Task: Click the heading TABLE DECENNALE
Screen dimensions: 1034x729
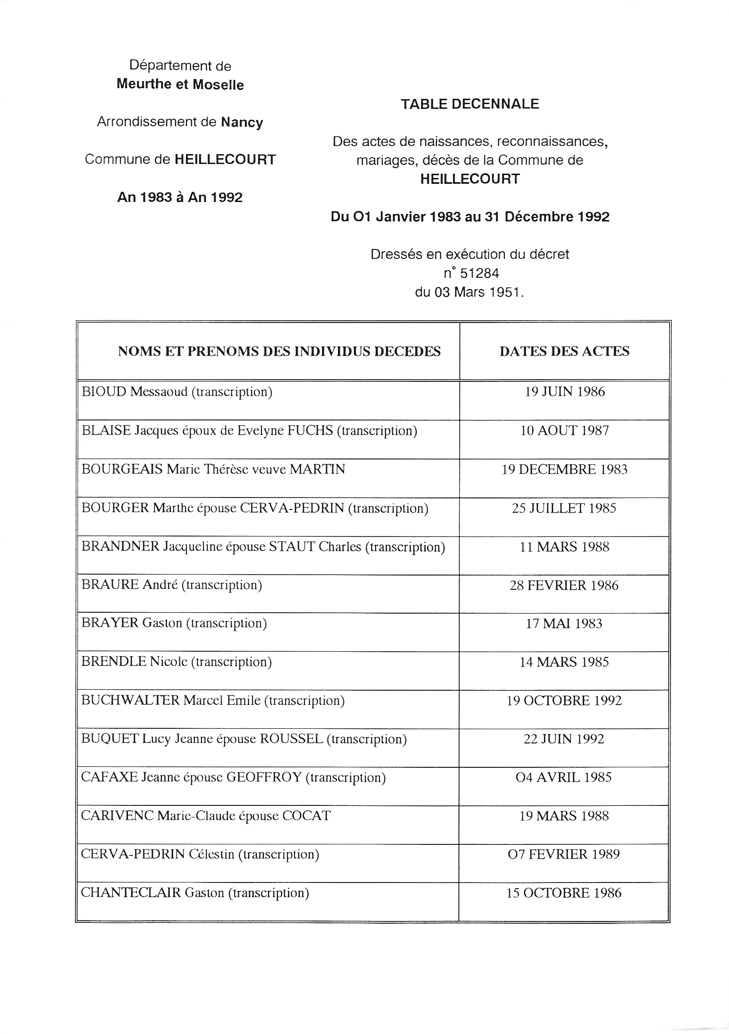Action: click(469, 104)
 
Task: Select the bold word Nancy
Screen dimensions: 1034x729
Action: click(242, 123)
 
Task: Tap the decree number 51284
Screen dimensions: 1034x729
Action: click(479, 273)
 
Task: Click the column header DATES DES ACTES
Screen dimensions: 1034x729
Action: click(564, 351)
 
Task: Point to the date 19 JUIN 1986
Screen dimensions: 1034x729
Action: click(565, 391)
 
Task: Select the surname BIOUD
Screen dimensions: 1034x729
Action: click(104, 392)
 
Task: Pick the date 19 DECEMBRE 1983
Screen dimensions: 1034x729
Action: click(565, 469)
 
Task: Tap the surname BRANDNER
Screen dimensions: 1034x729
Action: click(120, 547)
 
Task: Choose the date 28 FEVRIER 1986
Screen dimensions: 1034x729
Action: click(564, 586)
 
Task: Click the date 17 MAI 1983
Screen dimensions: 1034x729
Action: click(564, 624)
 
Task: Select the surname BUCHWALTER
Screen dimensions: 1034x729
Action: click(131, 701)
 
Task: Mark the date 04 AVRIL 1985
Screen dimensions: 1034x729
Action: click(564, 778)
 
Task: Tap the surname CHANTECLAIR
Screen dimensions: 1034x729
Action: click(131, 893)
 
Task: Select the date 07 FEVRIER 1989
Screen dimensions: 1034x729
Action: click(564, 854)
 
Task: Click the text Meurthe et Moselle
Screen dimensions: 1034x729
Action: click(180, 85)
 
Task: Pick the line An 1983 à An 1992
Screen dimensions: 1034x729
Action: click(180, 197)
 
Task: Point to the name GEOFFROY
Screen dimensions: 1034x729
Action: click(264, 778)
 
